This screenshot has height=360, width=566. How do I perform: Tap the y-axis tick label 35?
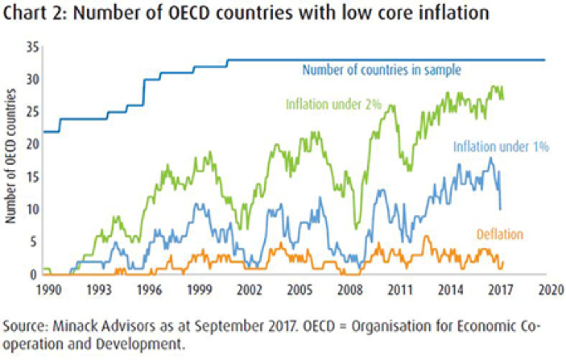(31, 47)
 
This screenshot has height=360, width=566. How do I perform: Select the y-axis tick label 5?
(35, 242)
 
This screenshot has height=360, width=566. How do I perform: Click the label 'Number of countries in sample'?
(381, 70)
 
